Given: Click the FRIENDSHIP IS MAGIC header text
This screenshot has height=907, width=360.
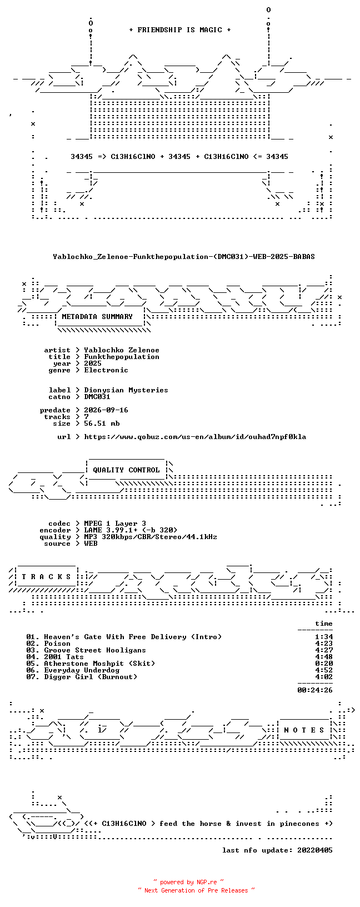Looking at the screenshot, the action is point(180,30).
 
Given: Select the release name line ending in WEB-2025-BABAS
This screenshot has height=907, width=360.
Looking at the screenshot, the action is point(184,257).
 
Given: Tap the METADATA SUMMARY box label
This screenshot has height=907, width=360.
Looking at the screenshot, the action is point(97,317).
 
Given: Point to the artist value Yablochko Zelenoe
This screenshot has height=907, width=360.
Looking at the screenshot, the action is point(122,350).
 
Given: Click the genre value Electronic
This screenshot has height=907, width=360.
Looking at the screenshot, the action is point(106,370).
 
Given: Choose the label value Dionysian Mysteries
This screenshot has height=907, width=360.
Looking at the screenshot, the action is point(126,390).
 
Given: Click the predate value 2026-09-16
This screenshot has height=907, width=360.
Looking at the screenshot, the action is point(106,410).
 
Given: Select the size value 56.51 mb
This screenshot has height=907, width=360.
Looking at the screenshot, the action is point(102,423).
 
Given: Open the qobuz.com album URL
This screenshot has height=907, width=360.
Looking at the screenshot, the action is point(195,437).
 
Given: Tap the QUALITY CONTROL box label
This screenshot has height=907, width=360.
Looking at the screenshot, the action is point(126,470).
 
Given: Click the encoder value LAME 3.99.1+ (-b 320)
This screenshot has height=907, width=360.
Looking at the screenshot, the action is point(131,530).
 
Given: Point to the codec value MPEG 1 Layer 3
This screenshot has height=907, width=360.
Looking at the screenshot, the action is point(115,524).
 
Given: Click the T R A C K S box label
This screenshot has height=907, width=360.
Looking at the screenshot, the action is point(46,576).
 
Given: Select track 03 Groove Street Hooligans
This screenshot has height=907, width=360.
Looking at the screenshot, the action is point(86,650).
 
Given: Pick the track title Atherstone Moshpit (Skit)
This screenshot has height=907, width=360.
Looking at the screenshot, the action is point(99,664).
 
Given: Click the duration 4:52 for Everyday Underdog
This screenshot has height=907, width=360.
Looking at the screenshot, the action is point(324,670).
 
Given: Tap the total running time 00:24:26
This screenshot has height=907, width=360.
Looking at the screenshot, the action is point(315,690).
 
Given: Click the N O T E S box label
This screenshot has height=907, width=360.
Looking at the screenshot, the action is point(304,730).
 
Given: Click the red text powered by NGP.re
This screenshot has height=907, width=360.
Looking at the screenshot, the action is point(188,883).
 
